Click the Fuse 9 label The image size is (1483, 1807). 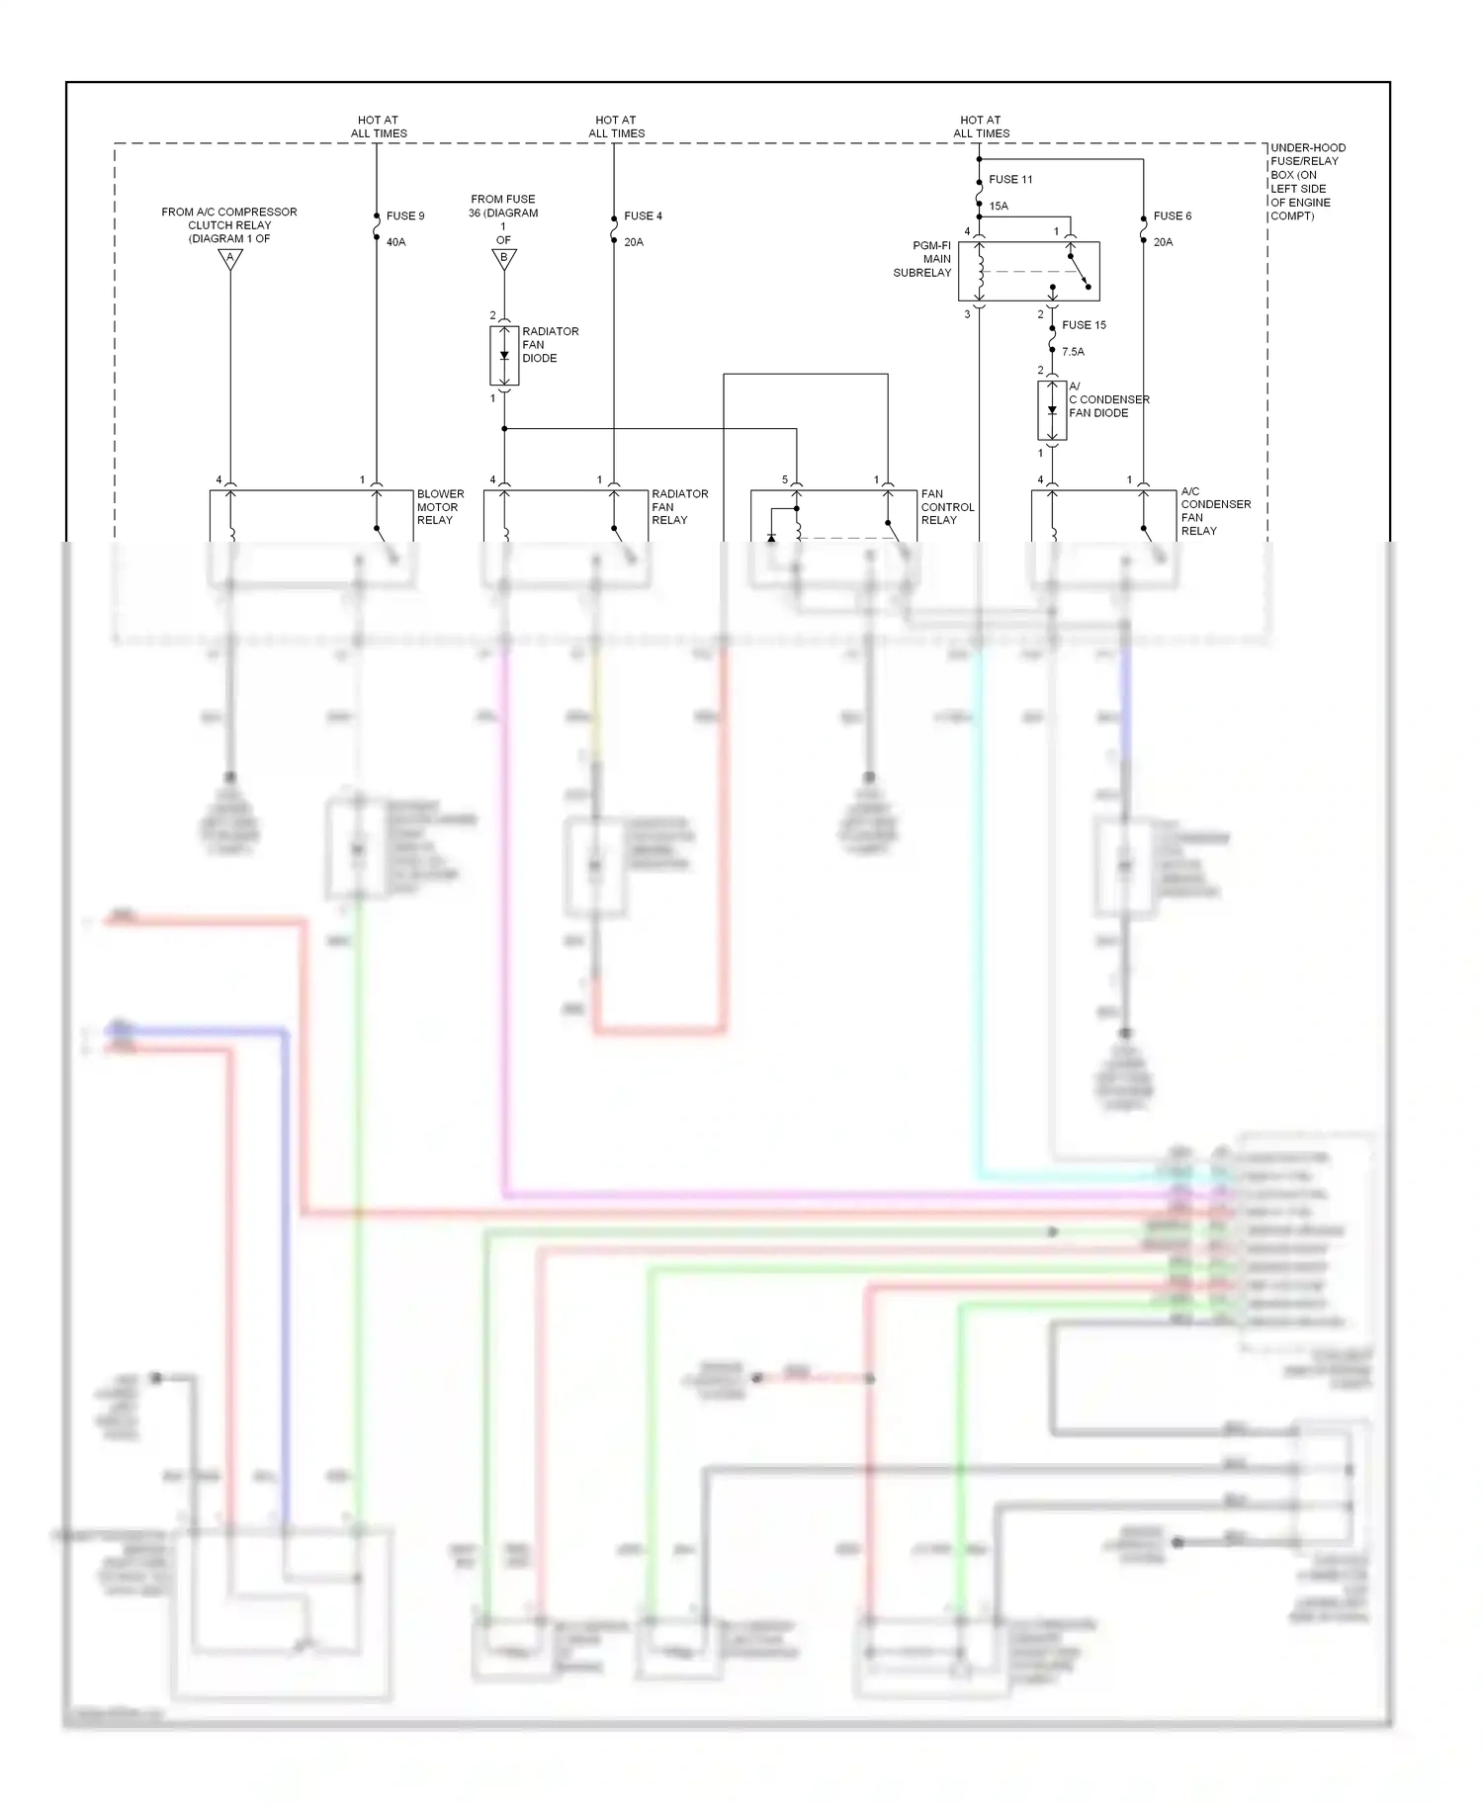404,215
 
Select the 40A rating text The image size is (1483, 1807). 395,242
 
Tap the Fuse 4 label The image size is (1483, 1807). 643,215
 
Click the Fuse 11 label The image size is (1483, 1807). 1010,180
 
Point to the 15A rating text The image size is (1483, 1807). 999,207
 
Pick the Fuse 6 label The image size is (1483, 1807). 1173,215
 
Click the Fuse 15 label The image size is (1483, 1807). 1084,325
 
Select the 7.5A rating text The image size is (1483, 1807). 1073,352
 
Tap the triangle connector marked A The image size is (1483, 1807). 230,259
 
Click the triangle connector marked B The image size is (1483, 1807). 504,259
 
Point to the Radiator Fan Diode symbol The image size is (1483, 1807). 504,356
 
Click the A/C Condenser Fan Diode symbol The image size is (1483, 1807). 1052,410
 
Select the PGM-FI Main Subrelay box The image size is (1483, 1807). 1028,271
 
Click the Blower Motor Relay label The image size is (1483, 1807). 440,507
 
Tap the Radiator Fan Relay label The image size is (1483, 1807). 679,507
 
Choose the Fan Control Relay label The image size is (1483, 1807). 947,507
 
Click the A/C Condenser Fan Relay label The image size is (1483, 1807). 1215,511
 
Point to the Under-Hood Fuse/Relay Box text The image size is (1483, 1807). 1307,182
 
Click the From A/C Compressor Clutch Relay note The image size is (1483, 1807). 229,225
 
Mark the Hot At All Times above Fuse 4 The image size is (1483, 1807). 616,127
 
